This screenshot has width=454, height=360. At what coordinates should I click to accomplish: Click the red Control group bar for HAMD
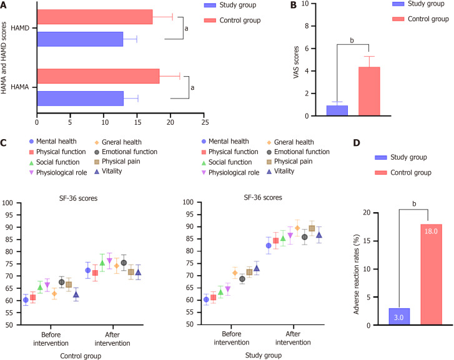(94, 17)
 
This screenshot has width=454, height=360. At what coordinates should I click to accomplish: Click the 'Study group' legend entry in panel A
(247, 6)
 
